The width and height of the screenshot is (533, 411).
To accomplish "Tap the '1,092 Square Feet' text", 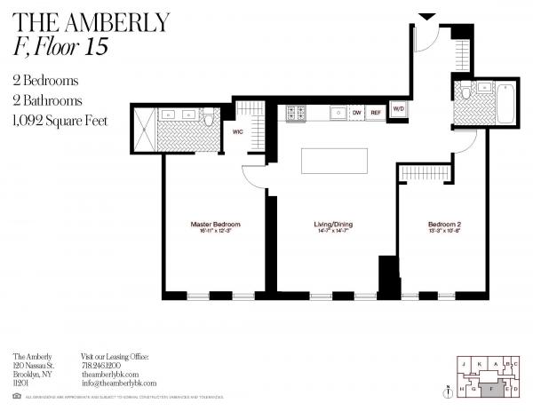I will [x=61, y=120].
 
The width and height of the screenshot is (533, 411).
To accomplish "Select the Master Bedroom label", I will [x=216, y=225].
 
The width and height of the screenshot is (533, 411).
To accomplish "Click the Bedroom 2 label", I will [x=443, y=225].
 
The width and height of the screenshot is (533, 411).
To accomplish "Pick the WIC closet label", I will [x=238, y=131].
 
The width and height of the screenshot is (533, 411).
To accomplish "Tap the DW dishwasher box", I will [x=356, y=113].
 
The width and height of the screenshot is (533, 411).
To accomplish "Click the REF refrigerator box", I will [x=376, y=113].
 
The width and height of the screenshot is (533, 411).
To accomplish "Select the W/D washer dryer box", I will [x=399, y=110].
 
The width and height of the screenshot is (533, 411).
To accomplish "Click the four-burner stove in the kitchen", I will [x=296, y=113].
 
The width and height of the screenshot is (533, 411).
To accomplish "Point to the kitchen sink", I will [x=338, y=113].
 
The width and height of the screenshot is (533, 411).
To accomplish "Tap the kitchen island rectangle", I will [x=334, y=162].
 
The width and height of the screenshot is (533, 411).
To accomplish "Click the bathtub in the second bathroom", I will [x=505, y=103].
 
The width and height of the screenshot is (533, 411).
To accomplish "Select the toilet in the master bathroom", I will [x=208, y=116].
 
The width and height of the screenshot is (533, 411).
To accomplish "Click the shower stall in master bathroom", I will [x=144, y=129].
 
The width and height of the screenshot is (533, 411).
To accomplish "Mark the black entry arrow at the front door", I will [x=426, y=16].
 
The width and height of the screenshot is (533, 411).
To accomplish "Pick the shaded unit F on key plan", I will [x=493, y=388].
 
